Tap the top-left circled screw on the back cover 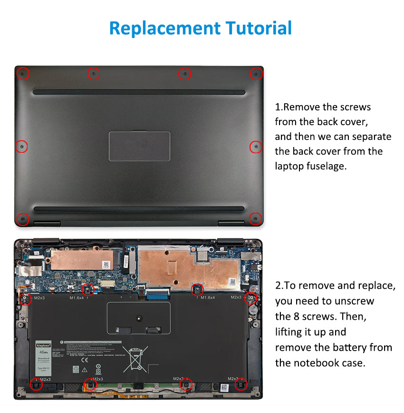coord(22,74)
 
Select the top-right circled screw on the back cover coord(256,74)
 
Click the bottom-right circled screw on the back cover coord(256,219)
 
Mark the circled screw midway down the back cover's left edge coord(21,147)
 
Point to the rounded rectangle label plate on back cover coord(139,146)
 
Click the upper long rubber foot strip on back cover coord(139,91)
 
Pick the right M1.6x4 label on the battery coord(207,298)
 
